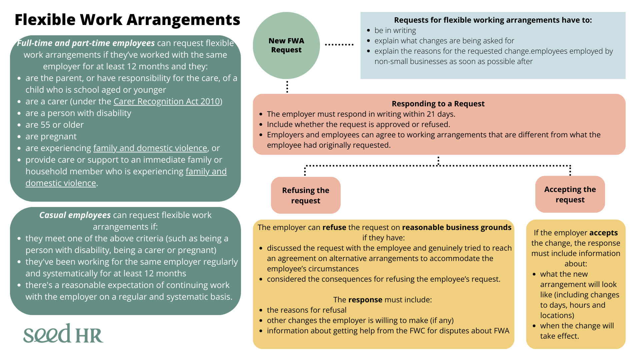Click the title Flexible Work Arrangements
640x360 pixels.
pos(127,20)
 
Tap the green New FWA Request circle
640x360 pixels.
pos(286,45)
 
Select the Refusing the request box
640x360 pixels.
pos(306,195)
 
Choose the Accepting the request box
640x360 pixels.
pos(570,194)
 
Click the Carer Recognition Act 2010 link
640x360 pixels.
pos(167,101)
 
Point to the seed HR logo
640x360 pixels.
pos(63,334)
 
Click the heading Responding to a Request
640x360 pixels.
pos(438,104)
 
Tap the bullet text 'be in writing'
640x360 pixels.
pos(395,30)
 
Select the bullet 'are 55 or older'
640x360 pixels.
pos(54,125)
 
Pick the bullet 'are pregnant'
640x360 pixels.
pos(51,136)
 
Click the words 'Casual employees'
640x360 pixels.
pos(75,215)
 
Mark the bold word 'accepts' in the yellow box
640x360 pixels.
pos(603,233)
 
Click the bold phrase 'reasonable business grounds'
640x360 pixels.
pos(457,227)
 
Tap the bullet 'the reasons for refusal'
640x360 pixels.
pos(307,310)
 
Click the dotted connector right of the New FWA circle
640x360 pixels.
pos(339,44)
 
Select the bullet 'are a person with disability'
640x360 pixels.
pos(78,113)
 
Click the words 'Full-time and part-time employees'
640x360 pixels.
pos(86,43)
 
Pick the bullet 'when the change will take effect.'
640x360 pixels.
pos(577,331)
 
